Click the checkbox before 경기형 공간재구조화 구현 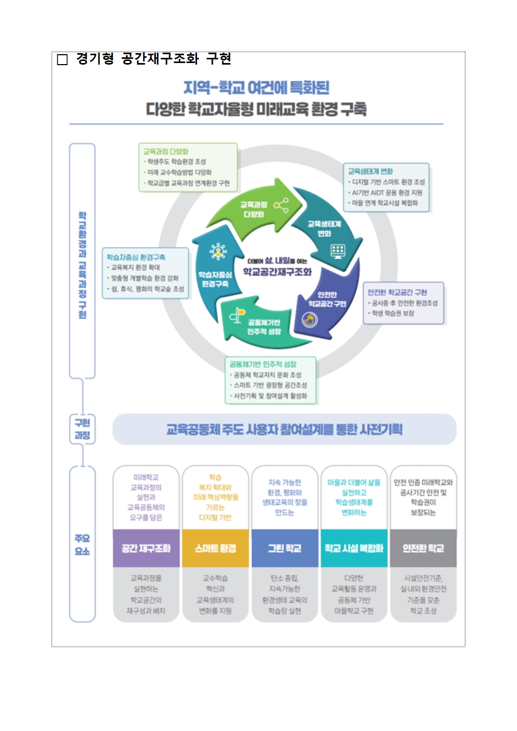click(63, 60)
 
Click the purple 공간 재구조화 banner click(146, 548)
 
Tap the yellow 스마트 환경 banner click(215, 548)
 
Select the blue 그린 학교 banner click(285, 548)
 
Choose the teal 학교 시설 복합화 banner click(354, 548)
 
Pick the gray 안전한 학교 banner click(423, 548)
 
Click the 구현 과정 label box click(82, 429)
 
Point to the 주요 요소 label click(82, 544)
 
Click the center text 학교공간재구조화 click(277, 271)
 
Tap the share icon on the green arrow click(281, 205)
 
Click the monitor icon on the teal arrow click(338, 251)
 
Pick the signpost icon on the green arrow click(238, 315)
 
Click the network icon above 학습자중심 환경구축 click(218, 252)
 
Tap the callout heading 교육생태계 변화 click(371, 171)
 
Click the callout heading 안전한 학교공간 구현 click(397, 292)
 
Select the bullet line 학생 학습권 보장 click(393, 313)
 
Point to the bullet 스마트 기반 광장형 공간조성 click(270, 385)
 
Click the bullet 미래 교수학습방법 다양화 click(179, 172)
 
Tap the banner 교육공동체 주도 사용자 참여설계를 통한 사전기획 click(285, 429)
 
